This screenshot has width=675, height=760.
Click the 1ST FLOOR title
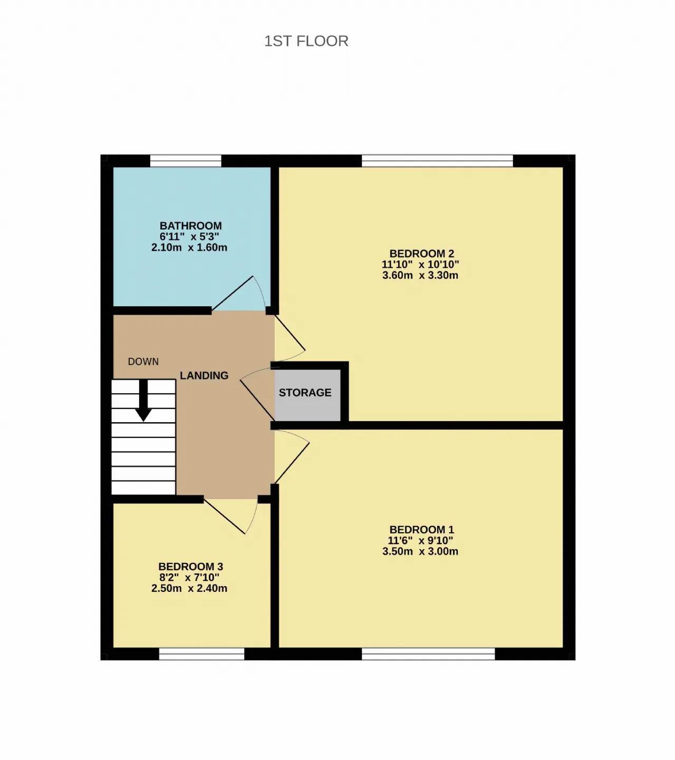[306, 41]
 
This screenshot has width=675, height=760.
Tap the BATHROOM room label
[190, 226]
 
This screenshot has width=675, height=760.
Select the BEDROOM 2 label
[421, 254]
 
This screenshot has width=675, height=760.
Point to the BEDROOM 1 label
[421, 530]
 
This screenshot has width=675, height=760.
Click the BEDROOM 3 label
[190, 567]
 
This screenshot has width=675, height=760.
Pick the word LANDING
[204, 375]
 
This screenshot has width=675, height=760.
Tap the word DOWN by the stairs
[143, 362]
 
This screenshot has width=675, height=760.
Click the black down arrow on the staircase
[143, 400]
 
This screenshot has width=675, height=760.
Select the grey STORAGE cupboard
[307, 395]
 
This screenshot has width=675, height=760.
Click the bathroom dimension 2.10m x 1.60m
[189, 248]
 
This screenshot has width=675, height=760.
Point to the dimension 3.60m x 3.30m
[420, 275]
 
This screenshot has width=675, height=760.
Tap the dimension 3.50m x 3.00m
[420, 551]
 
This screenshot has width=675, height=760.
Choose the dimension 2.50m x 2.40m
[189, 588]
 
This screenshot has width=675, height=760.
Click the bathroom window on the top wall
[186, 161]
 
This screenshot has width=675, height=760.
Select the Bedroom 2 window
[437, 161]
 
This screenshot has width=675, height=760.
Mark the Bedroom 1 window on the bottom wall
[428, 654]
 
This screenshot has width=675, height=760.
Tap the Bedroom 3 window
[201, 654]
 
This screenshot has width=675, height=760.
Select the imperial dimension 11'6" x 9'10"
[420, 541]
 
